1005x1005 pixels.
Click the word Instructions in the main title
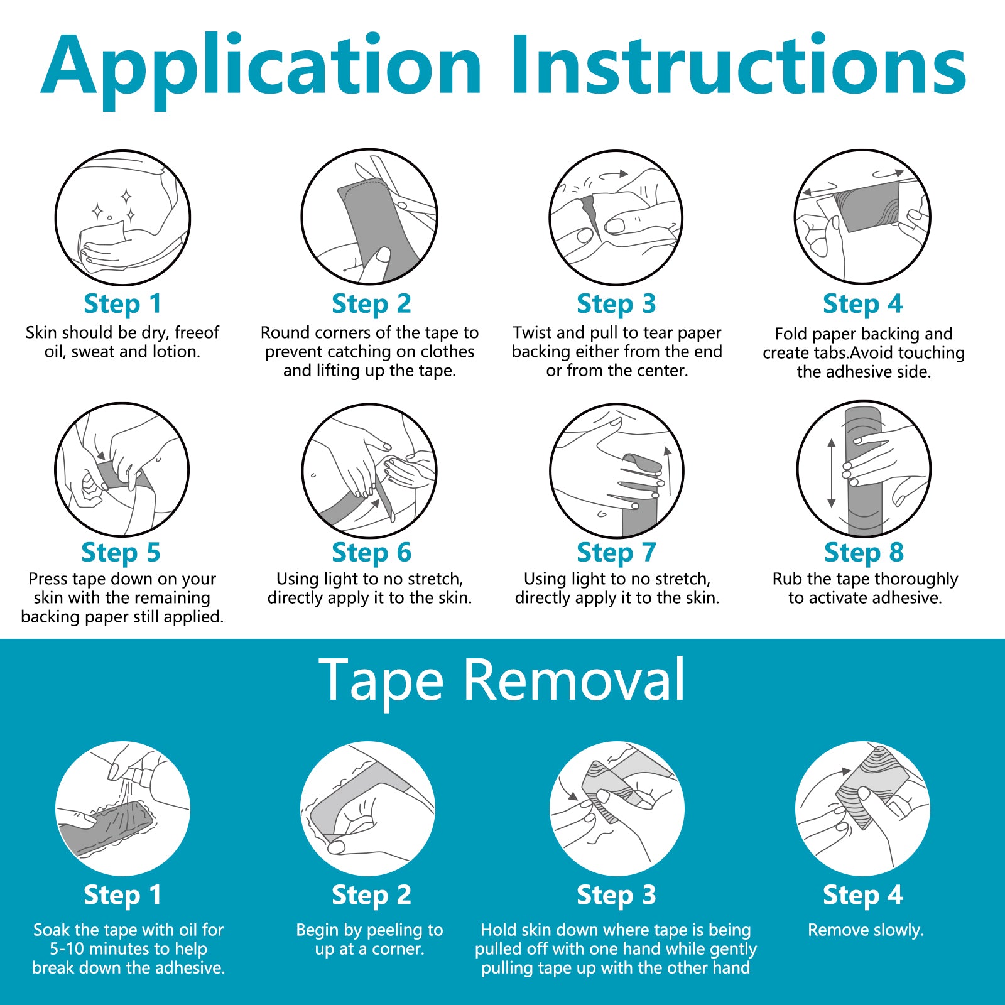pyautogui.click(x=738, y=66)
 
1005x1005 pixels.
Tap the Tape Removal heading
pyautogui.click(x=502, y=680)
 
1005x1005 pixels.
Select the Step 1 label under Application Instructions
pyautogui.click(x=122, y=304)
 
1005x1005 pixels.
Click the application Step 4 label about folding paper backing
pyautogui.click(x=862, y=304)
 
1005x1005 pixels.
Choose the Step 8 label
pyautogui.click(x=864, y=553)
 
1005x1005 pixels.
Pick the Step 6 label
pyautogui.click(x=371, y=553)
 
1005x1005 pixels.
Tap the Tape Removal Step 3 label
pyautogui.click(x=616, y=895)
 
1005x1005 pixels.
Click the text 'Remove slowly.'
pyautogui.click(x=865, y=930)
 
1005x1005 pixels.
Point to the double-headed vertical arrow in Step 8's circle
pyautogui.click(x=832, y=473)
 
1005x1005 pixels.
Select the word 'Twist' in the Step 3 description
pyautogui.click(x=532, y=332)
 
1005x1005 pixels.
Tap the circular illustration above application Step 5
pyautogui.click(x=122, y=470)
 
